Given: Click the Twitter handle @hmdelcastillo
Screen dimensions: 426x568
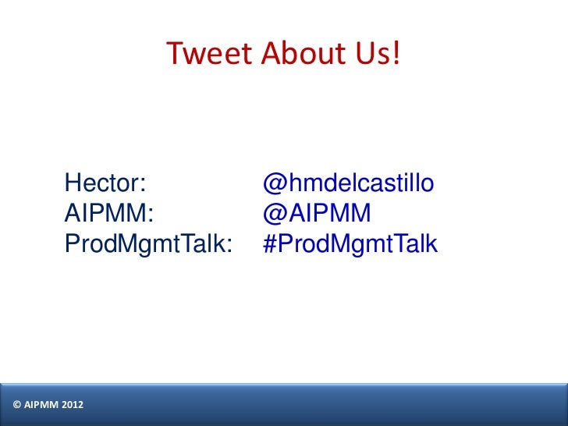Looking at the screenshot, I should pos(349,184).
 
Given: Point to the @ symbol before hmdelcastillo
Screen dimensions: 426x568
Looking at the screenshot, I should pos(273,185).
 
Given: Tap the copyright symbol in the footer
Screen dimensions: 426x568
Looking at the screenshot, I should pos(17,404).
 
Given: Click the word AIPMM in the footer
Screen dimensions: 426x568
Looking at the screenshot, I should pos(41,404).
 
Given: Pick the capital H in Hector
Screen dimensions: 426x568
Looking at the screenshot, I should pos(73,184).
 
